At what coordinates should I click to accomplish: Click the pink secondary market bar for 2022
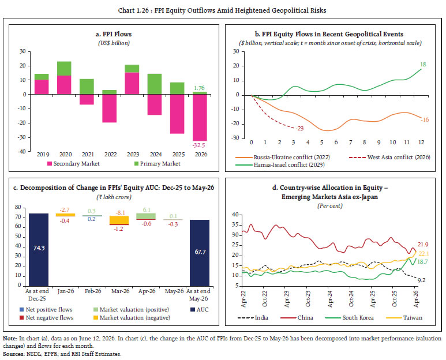(110, 108)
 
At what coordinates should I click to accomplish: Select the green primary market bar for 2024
(155, 84)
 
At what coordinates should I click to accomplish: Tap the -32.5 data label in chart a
(199, 145)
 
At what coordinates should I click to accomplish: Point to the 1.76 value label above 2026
(199, 88)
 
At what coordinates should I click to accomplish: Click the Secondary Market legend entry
(73, 163)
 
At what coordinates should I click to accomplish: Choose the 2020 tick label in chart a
(65, 155)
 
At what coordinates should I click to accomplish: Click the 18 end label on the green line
(423, 65)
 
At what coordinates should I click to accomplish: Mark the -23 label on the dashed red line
(299, 129)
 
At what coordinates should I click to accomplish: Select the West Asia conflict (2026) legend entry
(389, 157)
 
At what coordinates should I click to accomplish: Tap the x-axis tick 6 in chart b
(336, 142)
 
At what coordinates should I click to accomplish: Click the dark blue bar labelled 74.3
(39, 250)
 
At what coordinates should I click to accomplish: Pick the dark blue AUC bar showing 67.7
(200, 253)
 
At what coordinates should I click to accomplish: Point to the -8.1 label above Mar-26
(121, 213)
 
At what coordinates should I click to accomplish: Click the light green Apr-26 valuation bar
(146, 216)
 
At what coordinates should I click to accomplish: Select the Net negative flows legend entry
(46, 318)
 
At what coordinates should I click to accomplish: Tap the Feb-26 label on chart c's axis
(93, 291)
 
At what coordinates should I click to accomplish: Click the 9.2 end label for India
(422, 280)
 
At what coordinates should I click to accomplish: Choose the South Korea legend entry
(349, 318)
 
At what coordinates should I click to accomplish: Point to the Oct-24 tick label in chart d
(351, 299)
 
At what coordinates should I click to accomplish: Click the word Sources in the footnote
(14, 354)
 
